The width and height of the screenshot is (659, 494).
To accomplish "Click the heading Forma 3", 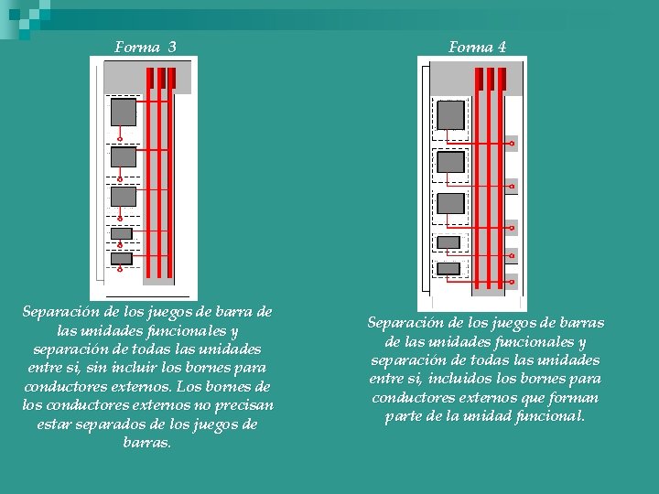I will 146,47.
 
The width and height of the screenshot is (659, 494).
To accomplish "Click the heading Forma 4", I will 477,48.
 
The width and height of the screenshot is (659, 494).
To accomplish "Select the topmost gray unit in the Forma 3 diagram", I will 123,112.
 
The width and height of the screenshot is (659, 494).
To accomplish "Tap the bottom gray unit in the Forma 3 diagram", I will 122,259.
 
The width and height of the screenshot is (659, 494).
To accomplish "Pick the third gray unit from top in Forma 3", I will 123,196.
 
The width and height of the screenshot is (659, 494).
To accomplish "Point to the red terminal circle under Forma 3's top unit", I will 120,140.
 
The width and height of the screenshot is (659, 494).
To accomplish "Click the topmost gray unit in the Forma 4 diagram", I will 450,115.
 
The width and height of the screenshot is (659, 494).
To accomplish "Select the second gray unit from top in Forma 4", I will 450,162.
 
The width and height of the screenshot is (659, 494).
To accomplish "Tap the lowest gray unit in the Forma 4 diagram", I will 448,268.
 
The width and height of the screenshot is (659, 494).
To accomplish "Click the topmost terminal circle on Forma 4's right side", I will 513,144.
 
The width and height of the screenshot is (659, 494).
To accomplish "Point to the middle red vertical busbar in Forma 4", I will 490,183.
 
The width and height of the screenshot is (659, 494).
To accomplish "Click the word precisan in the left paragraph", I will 239,404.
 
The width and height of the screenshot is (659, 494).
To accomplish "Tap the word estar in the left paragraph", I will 55,424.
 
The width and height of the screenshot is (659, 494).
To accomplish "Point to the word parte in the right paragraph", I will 405,416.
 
